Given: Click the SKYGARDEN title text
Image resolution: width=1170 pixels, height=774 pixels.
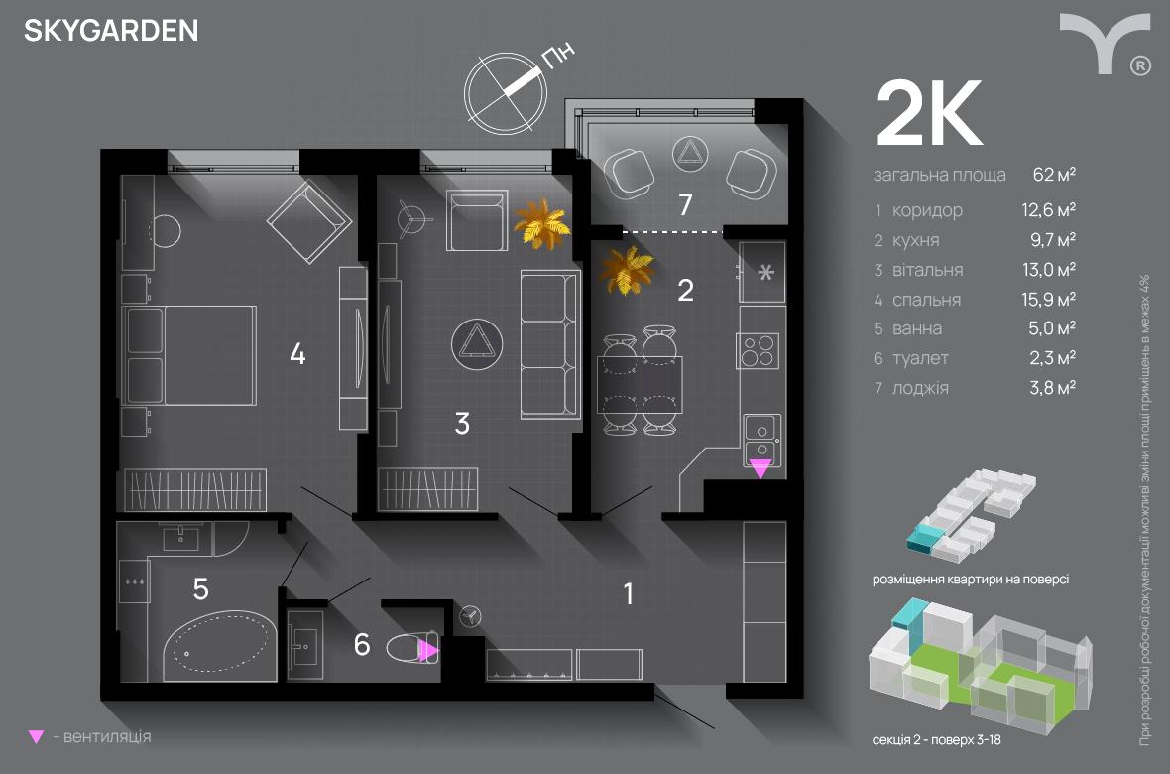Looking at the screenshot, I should (111, 32).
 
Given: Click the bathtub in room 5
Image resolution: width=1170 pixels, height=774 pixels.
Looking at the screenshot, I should (221, 645).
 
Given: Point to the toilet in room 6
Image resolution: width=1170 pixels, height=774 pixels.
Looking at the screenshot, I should (410, 650).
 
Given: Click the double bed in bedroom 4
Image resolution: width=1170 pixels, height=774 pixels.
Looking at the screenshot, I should (190, 354).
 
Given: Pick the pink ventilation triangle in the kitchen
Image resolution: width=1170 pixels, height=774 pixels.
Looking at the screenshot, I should (760, 469).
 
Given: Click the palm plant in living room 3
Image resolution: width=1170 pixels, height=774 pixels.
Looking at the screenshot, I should (542, 224).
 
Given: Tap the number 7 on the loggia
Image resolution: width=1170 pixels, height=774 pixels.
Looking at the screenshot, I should (684, 205).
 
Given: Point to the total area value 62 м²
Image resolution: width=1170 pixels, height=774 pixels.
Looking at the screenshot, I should (1054, 175).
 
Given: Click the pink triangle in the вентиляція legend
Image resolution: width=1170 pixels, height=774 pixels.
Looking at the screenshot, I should (37, 737).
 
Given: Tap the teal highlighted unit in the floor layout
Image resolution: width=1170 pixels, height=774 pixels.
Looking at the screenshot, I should (926, 538).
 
